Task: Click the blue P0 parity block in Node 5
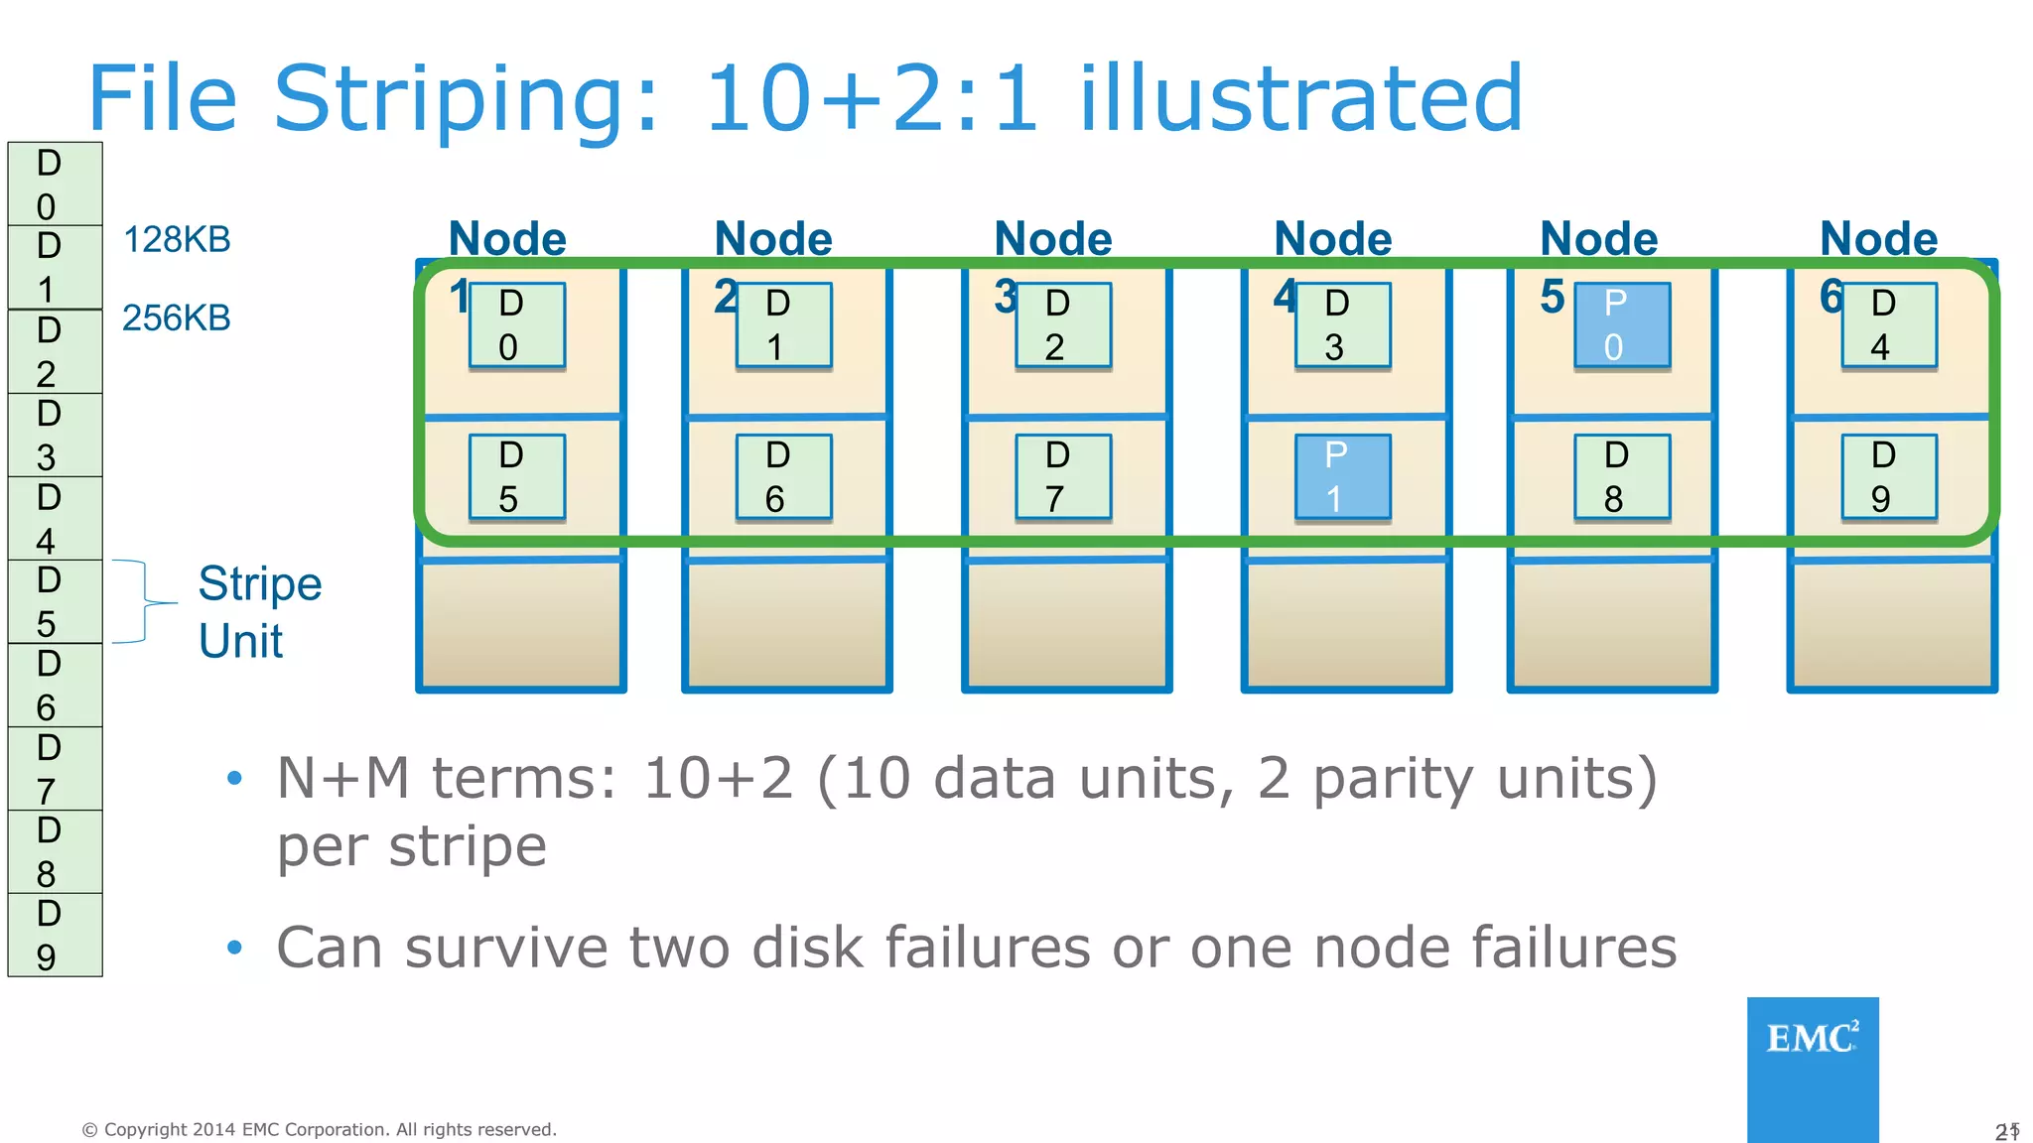click(1622, 325)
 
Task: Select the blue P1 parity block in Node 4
click(1342, 477)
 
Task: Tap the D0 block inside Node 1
click(516, 325)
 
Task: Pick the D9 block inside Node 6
click(1889, 477)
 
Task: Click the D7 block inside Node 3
click(1063, 477)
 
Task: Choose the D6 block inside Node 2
click(783, 477)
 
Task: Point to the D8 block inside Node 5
click(1622, 477)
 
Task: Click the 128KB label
click(177, 240)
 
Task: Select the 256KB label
click(177, 318)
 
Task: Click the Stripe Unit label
click(259, 612)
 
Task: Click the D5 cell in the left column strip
click(55, 602)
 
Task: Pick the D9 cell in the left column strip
click(55, 936)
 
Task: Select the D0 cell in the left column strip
click(55, 185)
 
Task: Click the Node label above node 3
click(1053, 239)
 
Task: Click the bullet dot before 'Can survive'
click(234, 949)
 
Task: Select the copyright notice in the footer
click(319, 1129)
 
